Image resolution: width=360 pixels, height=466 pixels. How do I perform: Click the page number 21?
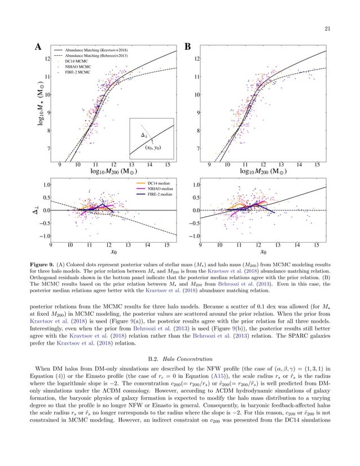[343, 29]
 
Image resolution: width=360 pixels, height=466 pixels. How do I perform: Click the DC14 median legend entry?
[159, 183]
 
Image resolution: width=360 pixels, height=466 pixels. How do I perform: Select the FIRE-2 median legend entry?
[160, 194]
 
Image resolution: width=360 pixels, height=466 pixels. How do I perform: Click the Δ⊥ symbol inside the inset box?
[143, 136]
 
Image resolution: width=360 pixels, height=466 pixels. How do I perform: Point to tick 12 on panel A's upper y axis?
[49, 58]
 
